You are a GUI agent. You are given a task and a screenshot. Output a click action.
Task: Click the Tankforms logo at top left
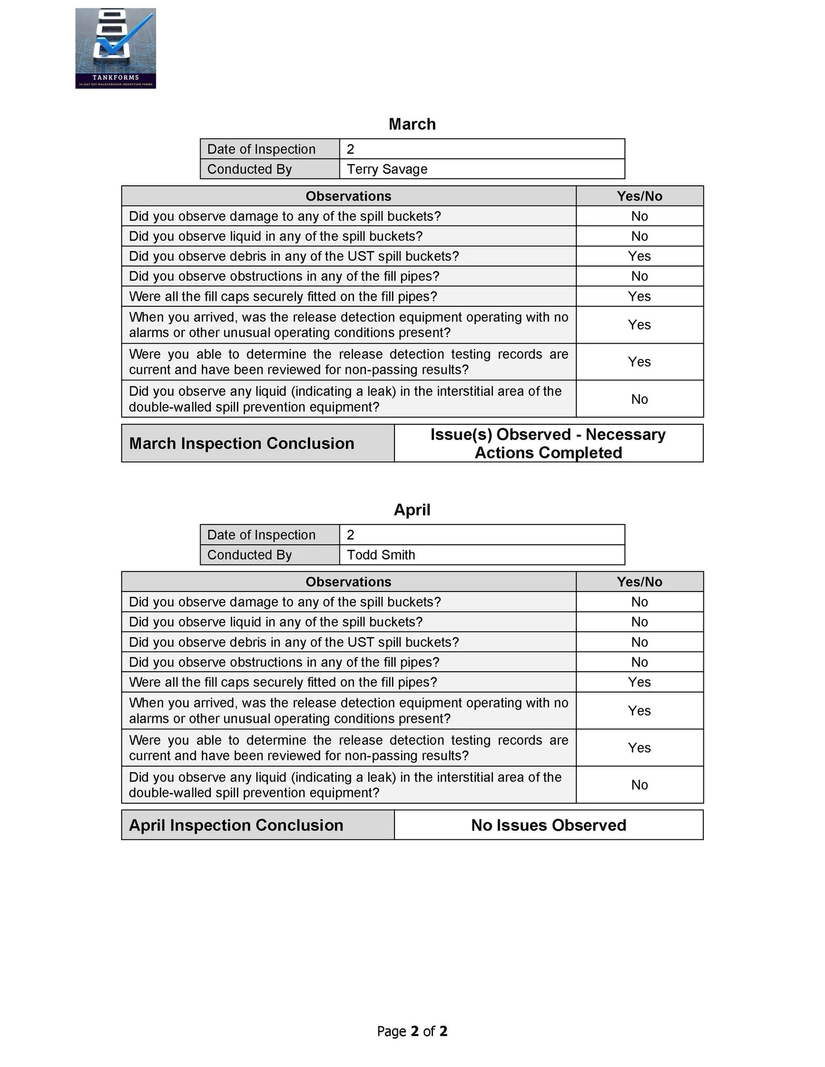point(116,48)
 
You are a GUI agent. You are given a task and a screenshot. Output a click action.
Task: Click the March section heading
point(412,124)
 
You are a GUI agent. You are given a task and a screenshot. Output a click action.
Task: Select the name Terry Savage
point(387,169)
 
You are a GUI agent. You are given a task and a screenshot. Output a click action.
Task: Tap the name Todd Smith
point(381,555)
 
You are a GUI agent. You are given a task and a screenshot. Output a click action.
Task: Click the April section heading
point(412,510)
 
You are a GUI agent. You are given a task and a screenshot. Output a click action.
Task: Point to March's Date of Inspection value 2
point(350,150)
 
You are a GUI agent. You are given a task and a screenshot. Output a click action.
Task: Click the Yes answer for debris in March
point(639,256)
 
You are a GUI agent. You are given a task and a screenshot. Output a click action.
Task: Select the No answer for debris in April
point(639,642)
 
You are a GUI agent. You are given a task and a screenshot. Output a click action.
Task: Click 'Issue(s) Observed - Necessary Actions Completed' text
point(548,444)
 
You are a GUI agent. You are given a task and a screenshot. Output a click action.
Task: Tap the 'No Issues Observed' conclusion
point(548,825)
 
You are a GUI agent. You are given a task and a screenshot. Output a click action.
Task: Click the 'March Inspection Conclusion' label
point(241,444)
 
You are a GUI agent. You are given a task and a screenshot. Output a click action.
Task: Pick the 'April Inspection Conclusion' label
point(236,825)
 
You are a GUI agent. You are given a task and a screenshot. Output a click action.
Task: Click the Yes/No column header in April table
point(639,582)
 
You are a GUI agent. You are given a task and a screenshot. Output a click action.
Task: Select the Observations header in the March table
point(348,196)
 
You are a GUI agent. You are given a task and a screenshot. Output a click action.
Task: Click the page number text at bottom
point(412,1031)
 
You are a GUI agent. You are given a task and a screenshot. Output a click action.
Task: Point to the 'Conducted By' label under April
point(249,555)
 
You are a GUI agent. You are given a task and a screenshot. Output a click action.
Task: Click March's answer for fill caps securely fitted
point(639,297)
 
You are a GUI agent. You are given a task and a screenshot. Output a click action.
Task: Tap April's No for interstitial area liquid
point(639,785)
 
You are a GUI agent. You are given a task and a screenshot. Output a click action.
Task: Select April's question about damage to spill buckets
point(284,602)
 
